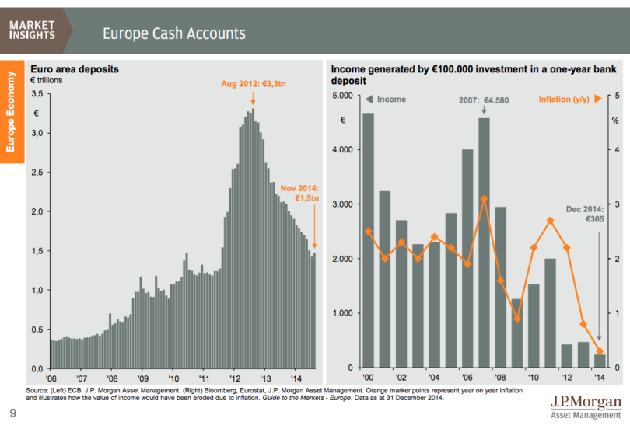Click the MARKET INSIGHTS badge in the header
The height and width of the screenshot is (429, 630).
[33, 30]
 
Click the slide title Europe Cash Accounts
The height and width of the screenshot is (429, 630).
[174, 33]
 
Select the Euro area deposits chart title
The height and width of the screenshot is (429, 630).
[74, 69]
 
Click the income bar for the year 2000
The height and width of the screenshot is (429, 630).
[368, 240]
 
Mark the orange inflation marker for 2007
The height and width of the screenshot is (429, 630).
[484, 198]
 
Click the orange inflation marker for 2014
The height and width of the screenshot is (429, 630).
[600, 351]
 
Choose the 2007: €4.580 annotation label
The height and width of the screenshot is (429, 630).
[484, 100]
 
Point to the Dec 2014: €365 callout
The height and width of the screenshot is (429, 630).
[585, 214]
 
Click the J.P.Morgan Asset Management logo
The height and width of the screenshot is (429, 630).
[585, 406]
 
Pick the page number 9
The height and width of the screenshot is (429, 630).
[12, 413]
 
